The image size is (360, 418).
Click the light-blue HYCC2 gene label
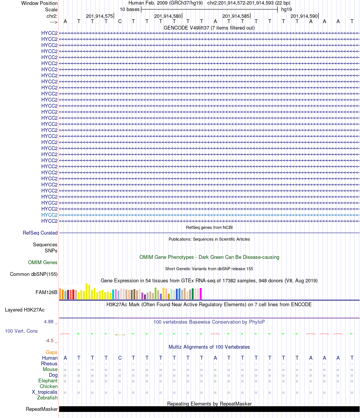pyautogui.click(x=49, y=215)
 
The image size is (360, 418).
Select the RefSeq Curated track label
pyautogui.click(x=40, y=233)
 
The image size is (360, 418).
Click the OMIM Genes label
pyautogui.click(x=43, y=263)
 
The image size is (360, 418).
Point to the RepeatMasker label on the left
pyautogui.click(x=42, y=409)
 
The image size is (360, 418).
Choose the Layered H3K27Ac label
pyautogui.click(x=31, y=310)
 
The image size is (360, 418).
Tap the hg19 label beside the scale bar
pyautogui.click(x=286, y=9)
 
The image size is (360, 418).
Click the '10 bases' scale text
pyautogui.click(x=130, y=9)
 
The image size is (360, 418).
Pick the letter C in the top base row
pyautogui.click(x=120, y=21)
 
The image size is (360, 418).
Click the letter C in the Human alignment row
pyautogui.click(x=120, y=358)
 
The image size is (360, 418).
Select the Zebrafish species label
pyautogui.click(x=47, y=398)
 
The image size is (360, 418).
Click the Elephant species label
pyautogui.click(x=48, y=381)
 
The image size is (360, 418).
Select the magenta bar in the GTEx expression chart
pyautogui.click(x=200, y=294)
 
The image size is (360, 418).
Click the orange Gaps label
pyautogui.click(x=52, y=352)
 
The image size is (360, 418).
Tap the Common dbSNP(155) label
pyautogui.click(x=34, y=274)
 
